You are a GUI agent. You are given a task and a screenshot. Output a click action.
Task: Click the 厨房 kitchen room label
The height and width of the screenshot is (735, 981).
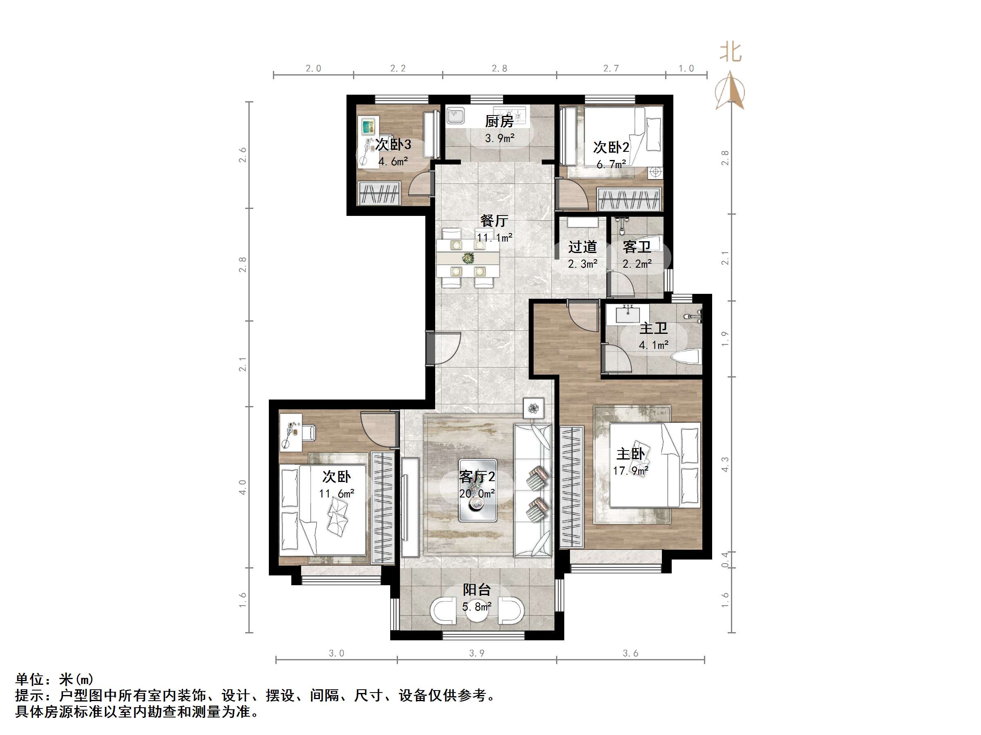click(499, 121)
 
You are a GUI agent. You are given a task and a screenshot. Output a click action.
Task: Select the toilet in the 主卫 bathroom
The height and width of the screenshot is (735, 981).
click(686, 356)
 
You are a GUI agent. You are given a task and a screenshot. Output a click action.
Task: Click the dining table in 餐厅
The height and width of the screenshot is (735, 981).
click(467, 258)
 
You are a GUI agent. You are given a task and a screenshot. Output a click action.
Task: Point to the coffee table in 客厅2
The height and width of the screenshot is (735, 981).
click(477, 490)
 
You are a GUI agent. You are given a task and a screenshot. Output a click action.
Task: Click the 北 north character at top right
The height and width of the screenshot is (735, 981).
click(731, 52)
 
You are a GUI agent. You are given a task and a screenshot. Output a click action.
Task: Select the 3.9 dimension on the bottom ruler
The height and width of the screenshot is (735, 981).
click(477, 653)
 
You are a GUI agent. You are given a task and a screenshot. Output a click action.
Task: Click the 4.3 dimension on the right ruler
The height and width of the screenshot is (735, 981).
click(725, 464)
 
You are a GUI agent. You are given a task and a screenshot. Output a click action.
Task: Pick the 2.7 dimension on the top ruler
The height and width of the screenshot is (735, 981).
click(611, 68)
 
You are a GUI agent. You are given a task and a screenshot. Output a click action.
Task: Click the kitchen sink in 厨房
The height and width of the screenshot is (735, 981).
click(455, 115)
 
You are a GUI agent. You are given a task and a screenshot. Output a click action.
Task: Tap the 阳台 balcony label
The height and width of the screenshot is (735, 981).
click(477, 590)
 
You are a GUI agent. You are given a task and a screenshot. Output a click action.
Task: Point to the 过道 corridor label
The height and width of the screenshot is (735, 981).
click(582, 247)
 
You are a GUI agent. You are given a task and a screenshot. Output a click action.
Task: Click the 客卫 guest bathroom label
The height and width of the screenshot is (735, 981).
click(637, 247)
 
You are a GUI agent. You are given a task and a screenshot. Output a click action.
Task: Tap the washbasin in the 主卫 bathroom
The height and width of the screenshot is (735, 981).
click(628, 314)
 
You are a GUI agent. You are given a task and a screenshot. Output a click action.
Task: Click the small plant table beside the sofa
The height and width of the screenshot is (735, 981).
click(534, 408)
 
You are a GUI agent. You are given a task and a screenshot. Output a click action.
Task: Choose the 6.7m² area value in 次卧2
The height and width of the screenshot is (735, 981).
click(611, 164)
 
